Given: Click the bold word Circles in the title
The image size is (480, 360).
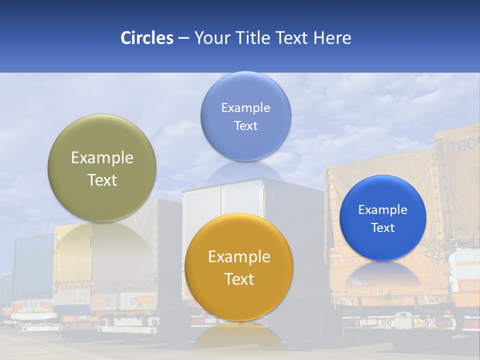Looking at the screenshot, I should [147, 38].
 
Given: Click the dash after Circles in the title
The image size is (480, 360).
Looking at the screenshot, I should [183, 38].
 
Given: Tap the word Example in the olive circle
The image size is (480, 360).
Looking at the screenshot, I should [102, 158].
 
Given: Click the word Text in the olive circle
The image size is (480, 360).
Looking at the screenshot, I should [102, 180].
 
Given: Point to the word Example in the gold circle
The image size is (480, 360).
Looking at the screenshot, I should [239, 257].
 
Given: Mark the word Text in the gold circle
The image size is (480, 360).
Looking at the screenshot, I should [239, 279].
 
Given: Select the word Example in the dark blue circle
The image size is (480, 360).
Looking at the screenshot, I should [383, 210].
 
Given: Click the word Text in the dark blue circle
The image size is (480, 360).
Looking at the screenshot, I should [383, 228].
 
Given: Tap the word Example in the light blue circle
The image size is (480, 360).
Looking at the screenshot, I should [246, 108].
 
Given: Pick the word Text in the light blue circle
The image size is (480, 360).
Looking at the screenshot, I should [246, 126].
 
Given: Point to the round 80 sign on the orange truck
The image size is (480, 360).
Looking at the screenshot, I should [387, 322].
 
